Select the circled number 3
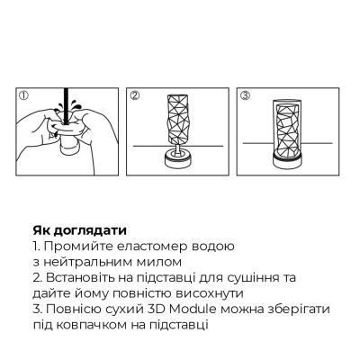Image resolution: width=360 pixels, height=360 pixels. tap(244, 94)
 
